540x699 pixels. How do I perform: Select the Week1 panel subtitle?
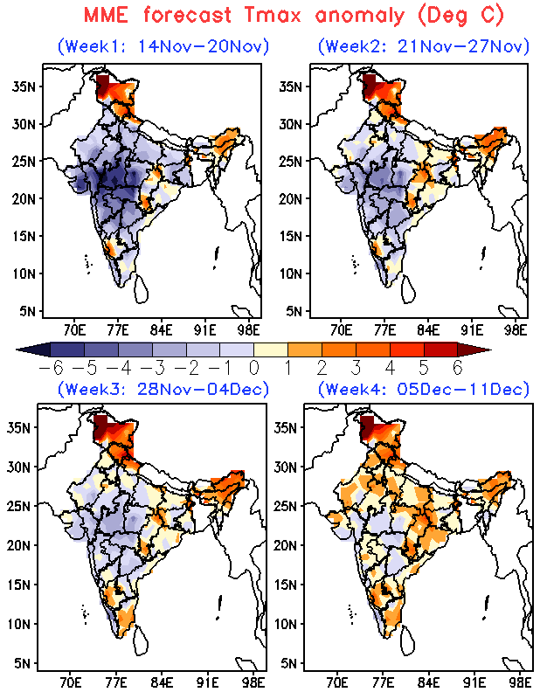pos(163,46)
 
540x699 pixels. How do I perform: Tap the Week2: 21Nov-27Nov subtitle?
pos(424,46)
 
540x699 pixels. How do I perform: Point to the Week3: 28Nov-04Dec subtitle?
pos(163,389)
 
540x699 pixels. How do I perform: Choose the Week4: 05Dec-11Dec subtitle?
pos(424,389)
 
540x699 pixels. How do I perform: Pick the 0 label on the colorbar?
pos(253,368)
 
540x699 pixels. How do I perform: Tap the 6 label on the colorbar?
pos(456,368)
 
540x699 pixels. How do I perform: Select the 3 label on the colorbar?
pos(355,368)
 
